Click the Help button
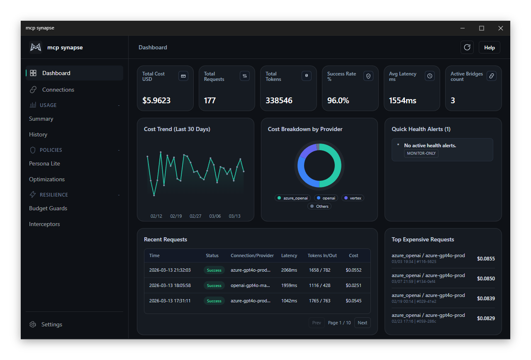coord(490,48)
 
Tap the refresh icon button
coord(467,48)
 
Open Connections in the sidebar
coord(58,90)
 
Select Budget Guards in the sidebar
coord(48,208)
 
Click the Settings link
coord(51,324)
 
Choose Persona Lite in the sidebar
coord(44,163)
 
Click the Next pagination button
coord(362,323)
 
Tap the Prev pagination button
coord(317,323)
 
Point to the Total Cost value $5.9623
coord(156,100)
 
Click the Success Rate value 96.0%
coord(338,100)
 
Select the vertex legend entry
coord(353,198)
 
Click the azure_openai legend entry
coord(292,198)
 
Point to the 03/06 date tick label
coord(215,216)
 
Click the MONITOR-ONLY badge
coord(421,153)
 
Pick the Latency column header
coord(289,255)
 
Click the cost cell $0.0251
coord(353,285)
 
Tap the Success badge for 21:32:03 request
coord(214,270)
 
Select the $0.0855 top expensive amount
coord(486,259)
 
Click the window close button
coord(501,28)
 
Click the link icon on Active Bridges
coord(491,76)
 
